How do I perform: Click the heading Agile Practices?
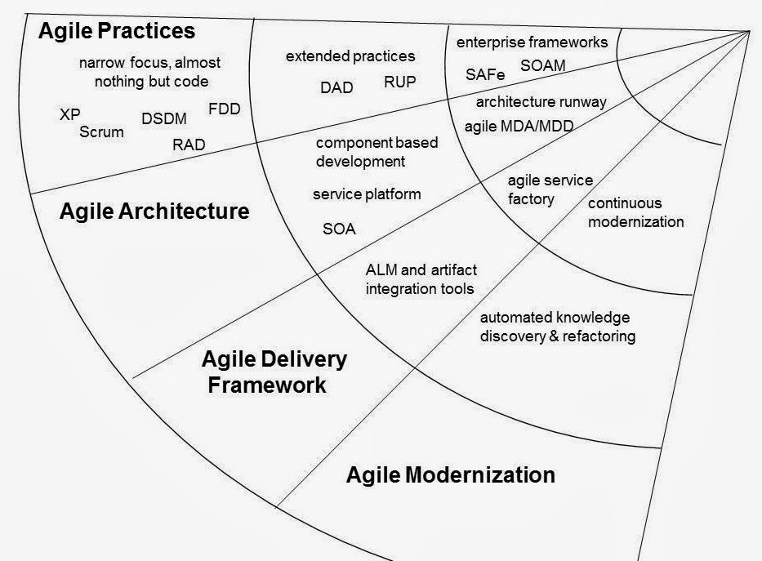click(117, 31)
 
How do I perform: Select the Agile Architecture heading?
click(154, 211)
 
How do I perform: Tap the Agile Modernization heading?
click(450, 474)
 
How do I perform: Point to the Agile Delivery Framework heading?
click(274, 372)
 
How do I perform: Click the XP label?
click(70, 114)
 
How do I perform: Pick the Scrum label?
click(102, 131)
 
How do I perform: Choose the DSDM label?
click(163, 118)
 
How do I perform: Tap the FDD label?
click(225, 109)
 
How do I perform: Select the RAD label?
click(189, 145)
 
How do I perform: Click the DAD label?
click(336, 87)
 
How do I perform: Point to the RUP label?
click(399, 82)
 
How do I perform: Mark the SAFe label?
click(485, 74)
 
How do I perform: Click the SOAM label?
click(542, 65)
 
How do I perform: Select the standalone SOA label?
click(339, 229)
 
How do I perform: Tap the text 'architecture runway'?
click(541, 102)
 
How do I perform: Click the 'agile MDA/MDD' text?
click(519, 127)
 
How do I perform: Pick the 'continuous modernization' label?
click(635, 212)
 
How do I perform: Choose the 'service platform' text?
click(367, 194)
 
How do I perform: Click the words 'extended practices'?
click(350, 56)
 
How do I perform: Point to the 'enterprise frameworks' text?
click(532, 41)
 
